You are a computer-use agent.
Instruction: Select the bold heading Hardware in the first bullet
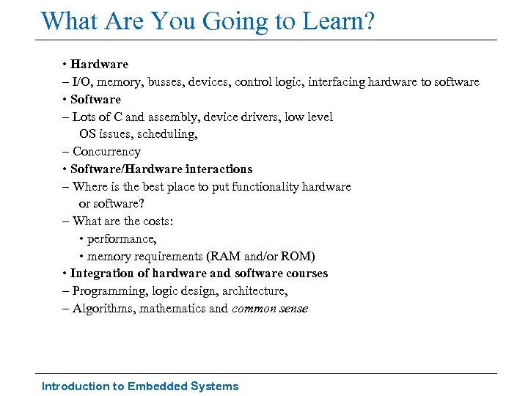(x=99, y=65)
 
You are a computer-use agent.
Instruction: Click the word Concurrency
(x=106, y=152)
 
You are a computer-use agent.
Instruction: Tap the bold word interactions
(x=218, y=169)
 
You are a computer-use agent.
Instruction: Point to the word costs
(x=156, y=221)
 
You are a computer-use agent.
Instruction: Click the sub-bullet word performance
(x=122, y=239)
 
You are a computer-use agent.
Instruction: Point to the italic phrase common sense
(x=270, y=309)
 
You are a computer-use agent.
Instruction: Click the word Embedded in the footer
(x=158, y=386)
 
